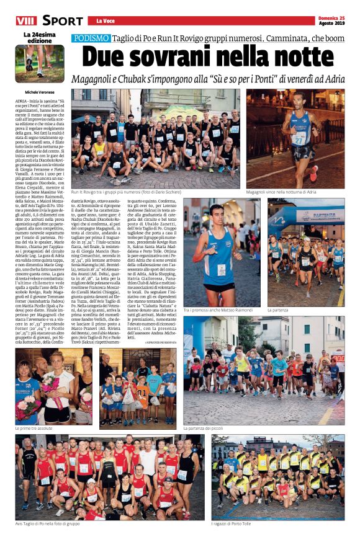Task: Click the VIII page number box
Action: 25,21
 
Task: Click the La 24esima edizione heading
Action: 39,37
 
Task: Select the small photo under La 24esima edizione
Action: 39,63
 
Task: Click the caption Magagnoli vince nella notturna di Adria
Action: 287,193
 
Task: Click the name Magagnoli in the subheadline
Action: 97,80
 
